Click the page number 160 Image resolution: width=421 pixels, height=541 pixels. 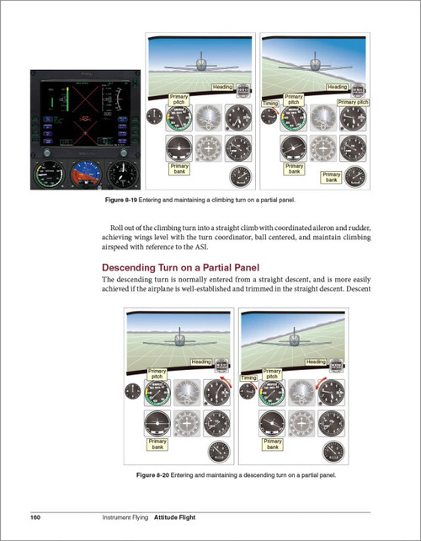click(x=36, y=516)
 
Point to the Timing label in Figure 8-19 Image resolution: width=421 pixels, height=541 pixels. click(x=270, y=104)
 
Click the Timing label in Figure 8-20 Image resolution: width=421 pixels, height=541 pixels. click(x=249, y=378)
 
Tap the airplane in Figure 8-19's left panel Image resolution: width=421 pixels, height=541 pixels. click(x=200, y=64)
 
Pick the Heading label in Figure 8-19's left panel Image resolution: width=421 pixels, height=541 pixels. click(x=221, y=87)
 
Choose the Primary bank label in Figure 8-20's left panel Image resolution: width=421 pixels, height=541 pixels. click(x=157, y=442)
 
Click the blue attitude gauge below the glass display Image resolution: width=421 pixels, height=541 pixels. click(x=83, y=177)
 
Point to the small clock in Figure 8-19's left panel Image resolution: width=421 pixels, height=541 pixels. click(x=154, y=117)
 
